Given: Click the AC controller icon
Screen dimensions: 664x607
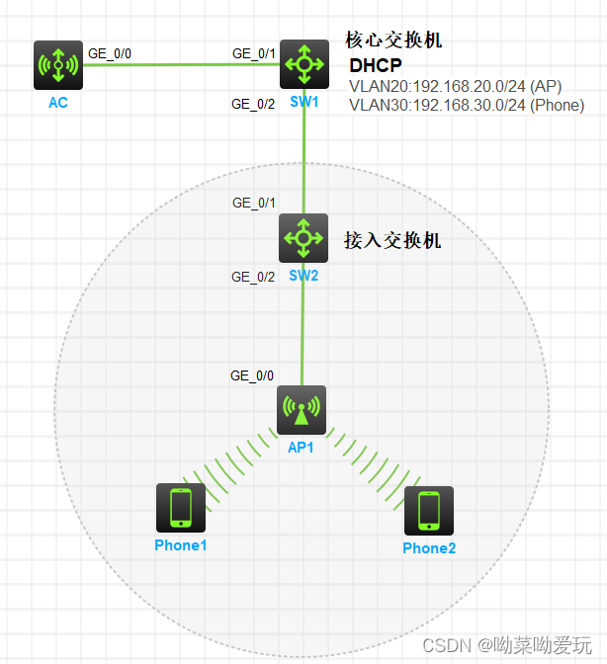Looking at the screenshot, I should click(x=57, y=64).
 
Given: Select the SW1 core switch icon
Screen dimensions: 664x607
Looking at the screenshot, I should click(x=303, y=64).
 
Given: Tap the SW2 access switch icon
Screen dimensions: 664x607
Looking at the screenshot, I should click(x=303, y=237).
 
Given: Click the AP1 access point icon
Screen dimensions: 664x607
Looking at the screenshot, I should click(x=303, y=409).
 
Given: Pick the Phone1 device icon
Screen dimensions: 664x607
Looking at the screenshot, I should click(x=181, y=509).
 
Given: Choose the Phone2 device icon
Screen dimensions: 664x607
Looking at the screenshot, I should click(x=428, y=511).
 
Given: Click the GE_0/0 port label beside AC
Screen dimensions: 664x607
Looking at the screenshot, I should click(x=109, y=53).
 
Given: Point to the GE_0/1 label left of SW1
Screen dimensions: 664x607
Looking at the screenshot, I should click(x=253, y=53).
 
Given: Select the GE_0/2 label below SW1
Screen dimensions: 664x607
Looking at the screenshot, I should click(x=253, y=104).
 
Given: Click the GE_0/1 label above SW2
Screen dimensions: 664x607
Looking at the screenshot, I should click(x=253, y=203).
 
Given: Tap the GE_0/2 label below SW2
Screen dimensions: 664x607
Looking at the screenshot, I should click(x=253, y=277).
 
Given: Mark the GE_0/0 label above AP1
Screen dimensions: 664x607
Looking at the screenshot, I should click(x=252, y=375).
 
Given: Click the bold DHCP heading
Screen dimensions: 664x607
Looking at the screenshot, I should click(x=376, y=66).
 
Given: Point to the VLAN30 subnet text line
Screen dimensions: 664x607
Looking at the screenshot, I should click(x=466, y=106).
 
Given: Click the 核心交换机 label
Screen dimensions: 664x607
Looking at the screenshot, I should click(x=392, y=41).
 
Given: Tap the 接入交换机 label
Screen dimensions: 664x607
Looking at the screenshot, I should click(x=391, y=240).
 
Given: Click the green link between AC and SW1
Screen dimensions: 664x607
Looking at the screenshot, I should click(x=178, y=64).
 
